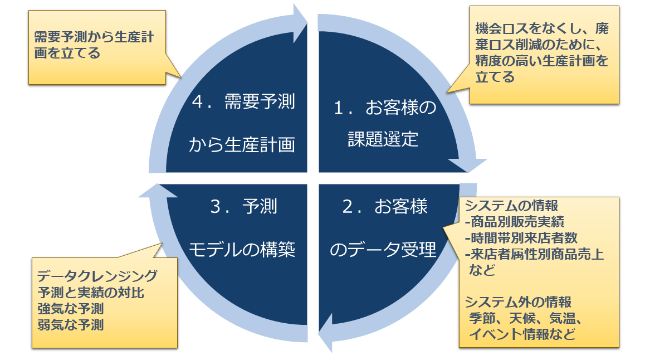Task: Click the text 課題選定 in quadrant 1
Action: [x=383, y=139]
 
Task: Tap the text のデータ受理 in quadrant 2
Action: [x=384, y=250]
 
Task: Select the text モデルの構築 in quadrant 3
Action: [x=242, y=250]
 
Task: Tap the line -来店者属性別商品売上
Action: [x=534, y=255]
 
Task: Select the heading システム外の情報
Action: [x=519, y=303]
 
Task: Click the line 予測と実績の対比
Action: [x=91, y=292]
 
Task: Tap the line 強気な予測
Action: [x=71, y=308]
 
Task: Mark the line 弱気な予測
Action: [x=71, y=324]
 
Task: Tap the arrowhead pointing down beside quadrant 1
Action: [x=467, y=164]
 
